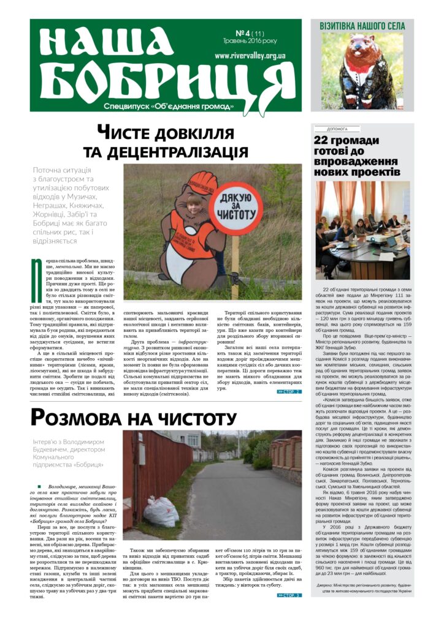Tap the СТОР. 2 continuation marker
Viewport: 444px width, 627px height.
tap(289, 391)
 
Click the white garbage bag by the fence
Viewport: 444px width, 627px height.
tap(161, 511)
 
